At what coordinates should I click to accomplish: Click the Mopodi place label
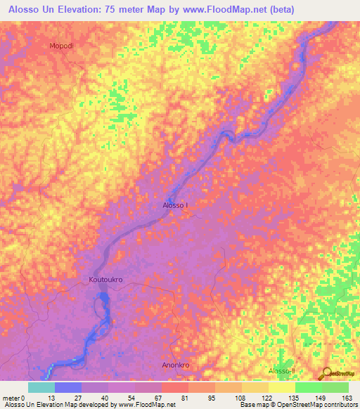tap(61, 46)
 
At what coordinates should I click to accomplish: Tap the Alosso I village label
tap(176, 205)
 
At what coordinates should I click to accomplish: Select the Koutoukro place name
tap(106, 280)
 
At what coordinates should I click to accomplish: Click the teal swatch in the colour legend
tap(41, 387)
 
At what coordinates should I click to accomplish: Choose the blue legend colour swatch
tap(68, 387)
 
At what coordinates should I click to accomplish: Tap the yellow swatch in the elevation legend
tap(282, 387)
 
